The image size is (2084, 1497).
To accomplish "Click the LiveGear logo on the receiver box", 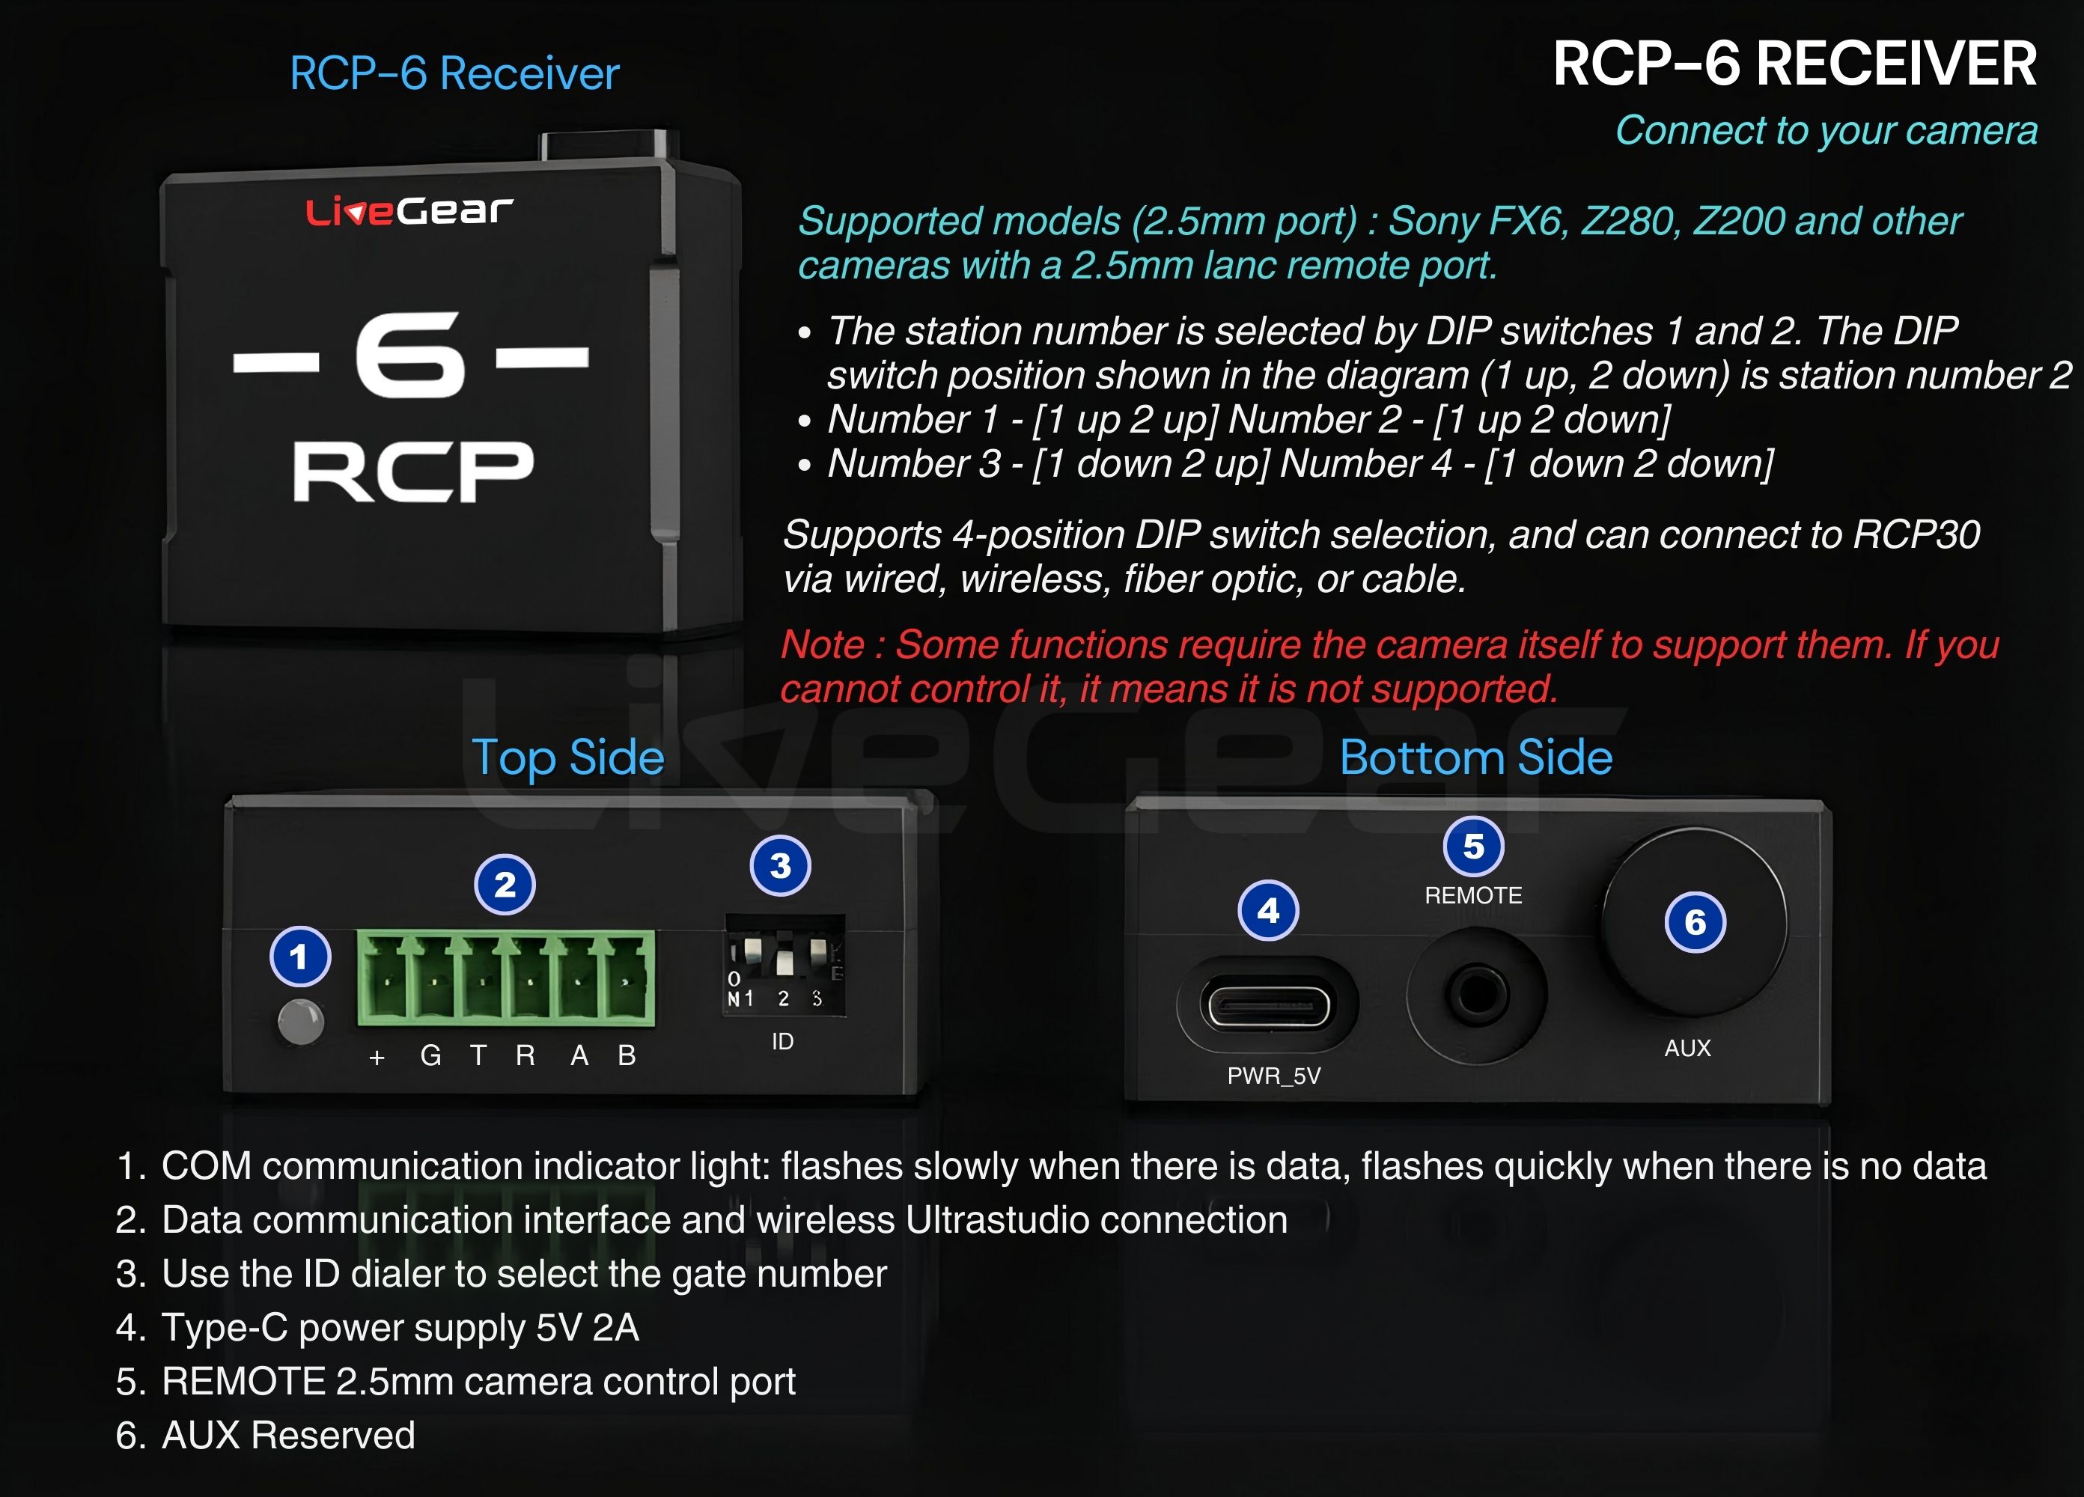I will pos(409,211).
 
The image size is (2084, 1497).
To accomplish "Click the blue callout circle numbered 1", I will pos(299,957).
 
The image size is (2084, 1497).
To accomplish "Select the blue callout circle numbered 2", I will pos(505,885).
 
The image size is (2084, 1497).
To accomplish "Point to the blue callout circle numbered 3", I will pos(780,866).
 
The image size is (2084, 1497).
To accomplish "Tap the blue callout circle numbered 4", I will pos(1268,911).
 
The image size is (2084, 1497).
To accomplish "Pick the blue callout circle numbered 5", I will pos(1473,847).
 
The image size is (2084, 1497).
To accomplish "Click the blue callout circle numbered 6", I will pos(1695,923).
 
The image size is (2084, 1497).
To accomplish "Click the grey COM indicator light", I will pos(300,1021).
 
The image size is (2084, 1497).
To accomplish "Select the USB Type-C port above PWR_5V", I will pos(1268,1006).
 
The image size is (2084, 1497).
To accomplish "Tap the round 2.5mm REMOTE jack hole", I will pos(1477,994).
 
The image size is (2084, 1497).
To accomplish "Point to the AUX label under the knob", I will pos(1687,1049).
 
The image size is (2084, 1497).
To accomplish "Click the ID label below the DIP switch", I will pos(782,1041).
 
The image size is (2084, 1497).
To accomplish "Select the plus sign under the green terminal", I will pos(377,1058).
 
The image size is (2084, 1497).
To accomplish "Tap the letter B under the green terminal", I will pos(627,1056).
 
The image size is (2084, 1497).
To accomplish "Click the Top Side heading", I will pos(568,758).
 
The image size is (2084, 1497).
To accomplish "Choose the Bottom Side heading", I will pos(1475,758).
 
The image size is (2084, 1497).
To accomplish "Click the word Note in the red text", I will pos(823,645).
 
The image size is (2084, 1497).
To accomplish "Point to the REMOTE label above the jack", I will pos(1473,895).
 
